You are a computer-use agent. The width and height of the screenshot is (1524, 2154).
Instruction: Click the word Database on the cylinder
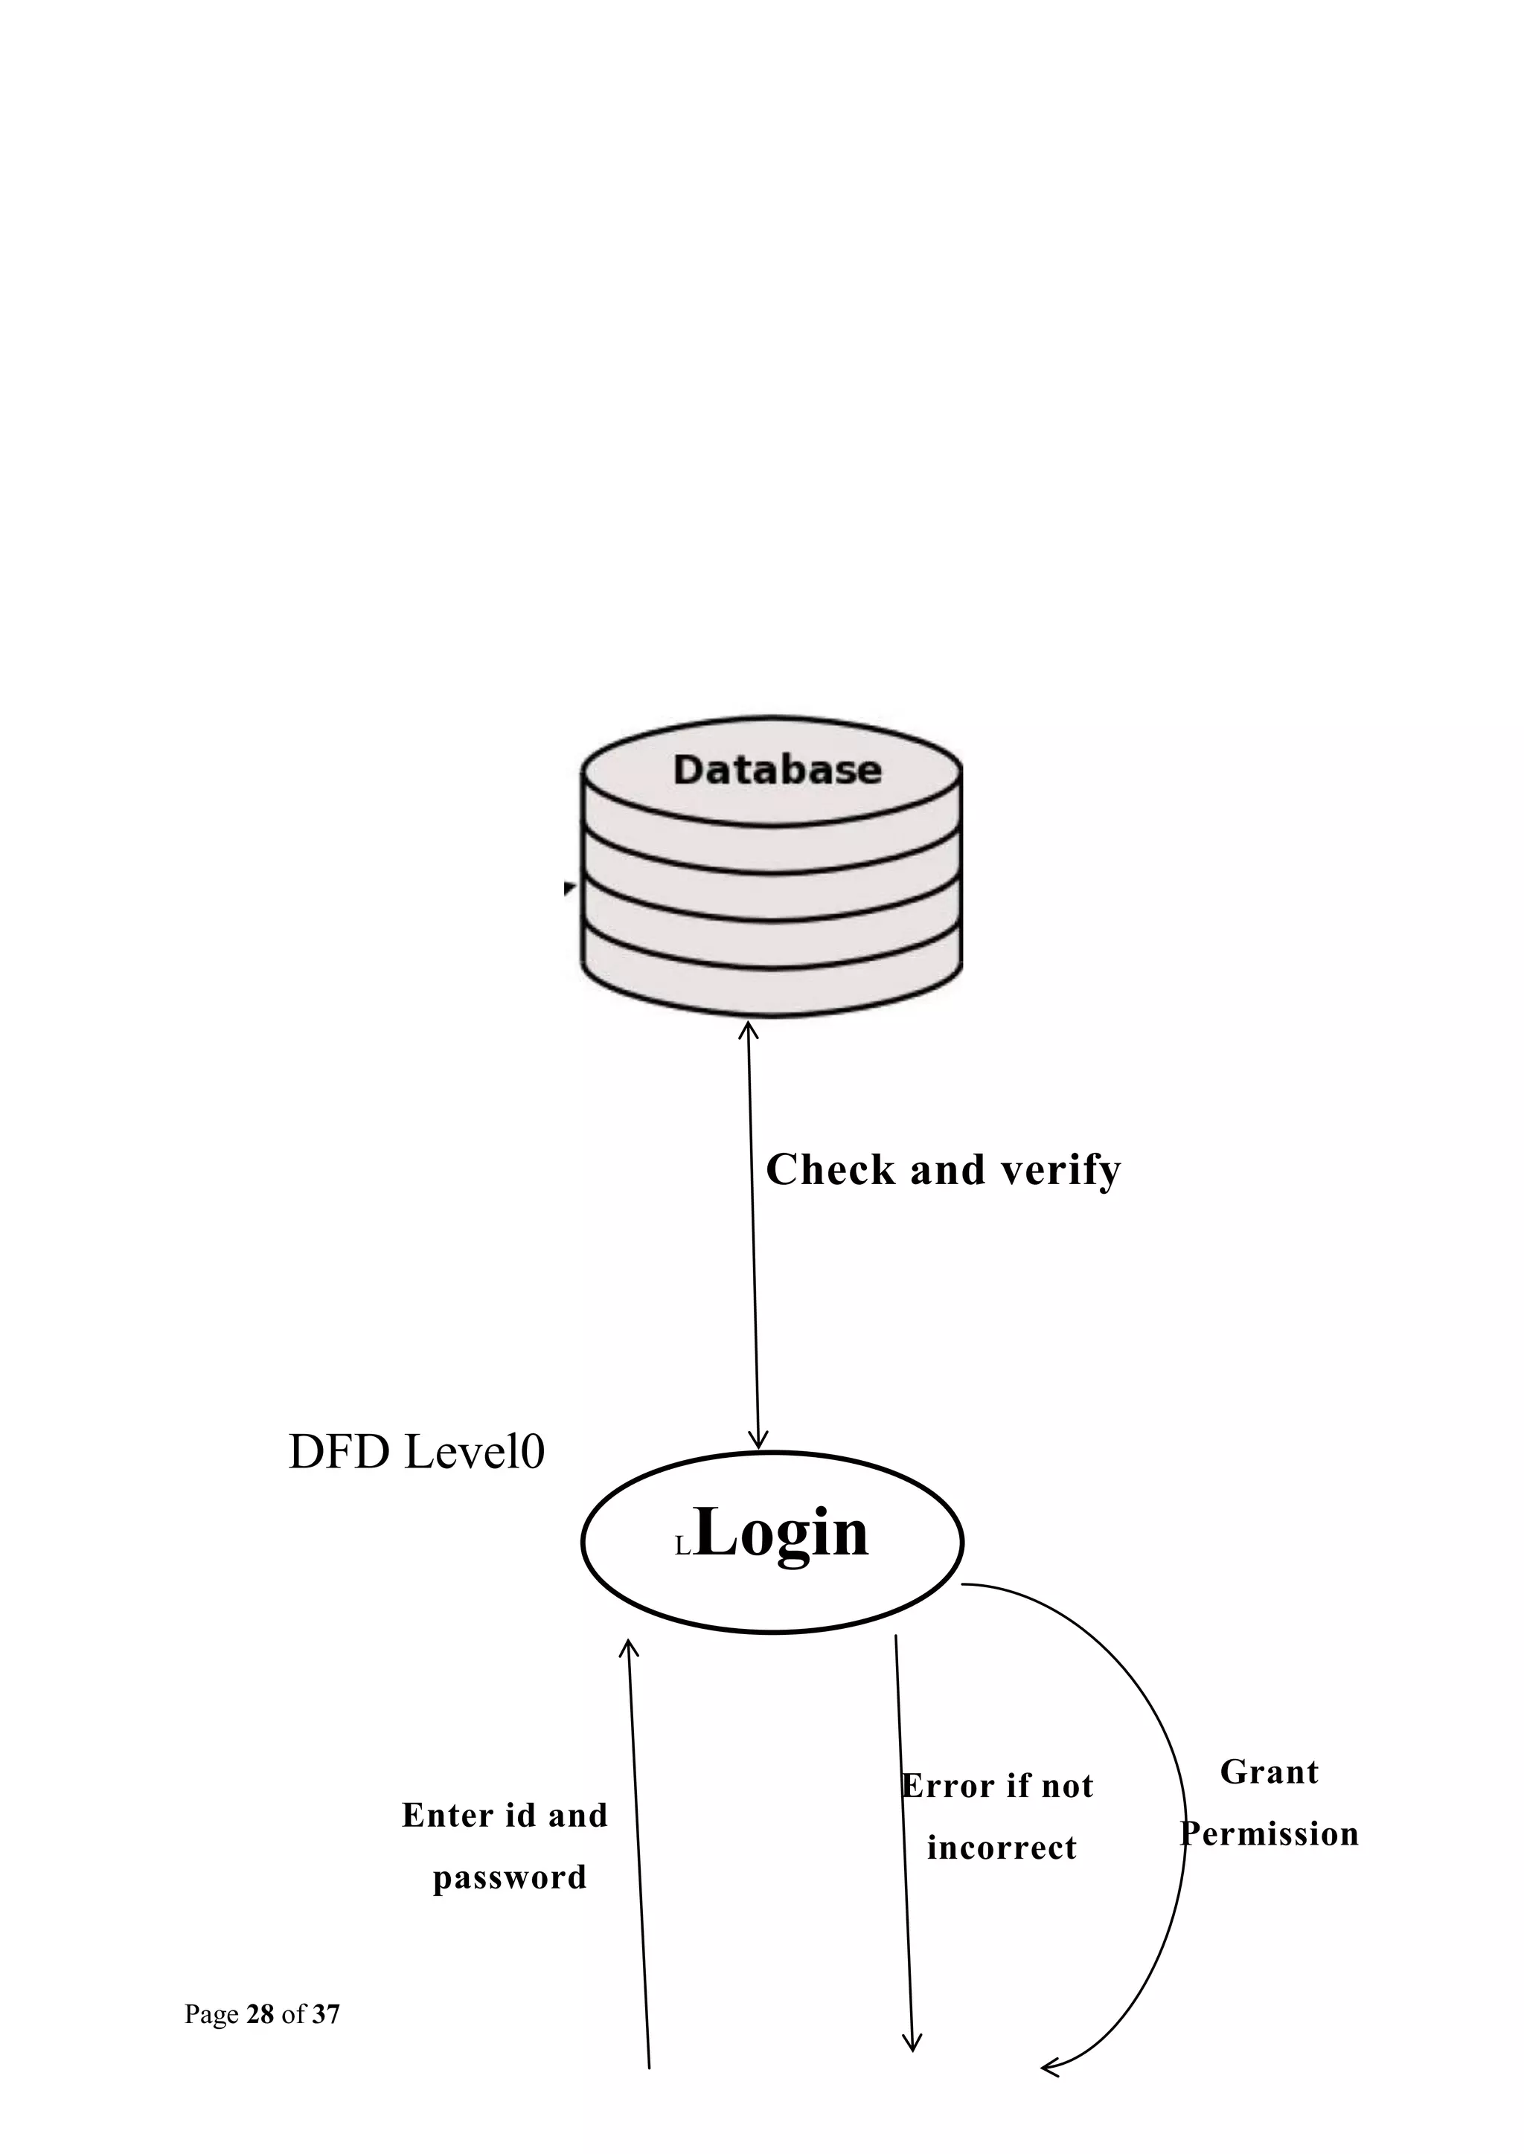(x=777, y=771)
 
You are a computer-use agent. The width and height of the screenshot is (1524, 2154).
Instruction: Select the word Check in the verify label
(x=830, y=1170)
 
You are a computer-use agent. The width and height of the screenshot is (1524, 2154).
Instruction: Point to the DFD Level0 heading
(x=416, y=1453)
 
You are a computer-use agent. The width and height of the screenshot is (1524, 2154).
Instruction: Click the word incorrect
(x=1002, y=1848)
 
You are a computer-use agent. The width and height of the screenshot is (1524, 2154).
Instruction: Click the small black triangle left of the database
(x=569, y=887)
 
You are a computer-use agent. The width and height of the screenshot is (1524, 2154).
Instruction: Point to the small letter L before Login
(x=682, y=1548)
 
